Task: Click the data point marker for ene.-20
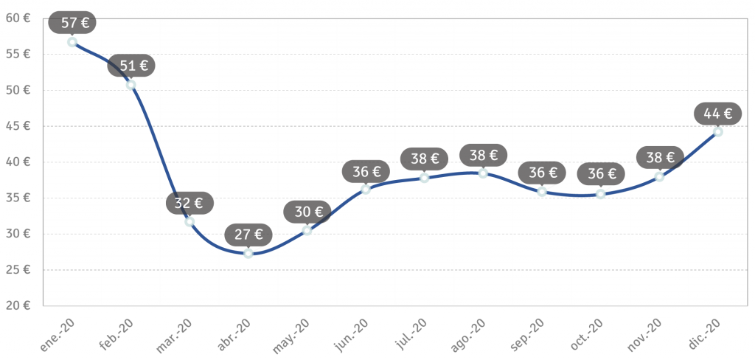tap(72, 42)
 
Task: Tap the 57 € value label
tap(72, 23)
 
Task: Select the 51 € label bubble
tap(131, 66)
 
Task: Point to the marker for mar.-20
tap(189, 221)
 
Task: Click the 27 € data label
tap(248, 235)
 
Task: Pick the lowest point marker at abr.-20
tap(248, 253)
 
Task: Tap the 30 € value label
tap(307, 212)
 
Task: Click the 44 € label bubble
tap(718, 114)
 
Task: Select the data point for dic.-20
tap(718, 132)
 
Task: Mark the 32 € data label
tap(189, 203)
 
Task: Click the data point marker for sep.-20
tap(542, 192)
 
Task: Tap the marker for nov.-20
tap(659, 177)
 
